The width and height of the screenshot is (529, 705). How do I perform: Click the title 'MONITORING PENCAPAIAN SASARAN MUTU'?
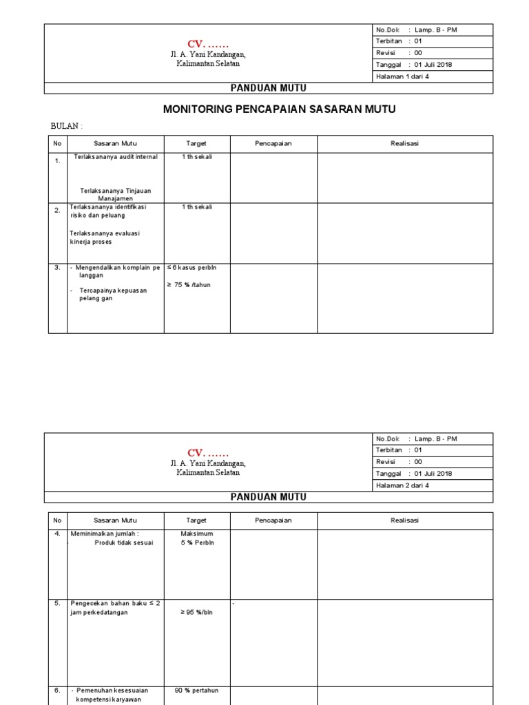click(279, 109)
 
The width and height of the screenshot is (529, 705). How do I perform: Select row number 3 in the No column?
click(57, 268)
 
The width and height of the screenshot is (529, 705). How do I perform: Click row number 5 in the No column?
click(57, 603)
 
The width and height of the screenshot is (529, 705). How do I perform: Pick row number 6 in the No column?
click(57, 690)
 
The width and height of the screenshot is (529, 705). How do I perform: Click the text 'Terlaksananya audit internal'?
click(116, 157)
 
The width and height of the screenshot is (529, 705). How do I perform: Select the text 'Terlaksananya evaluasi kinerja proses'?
click(105, 238)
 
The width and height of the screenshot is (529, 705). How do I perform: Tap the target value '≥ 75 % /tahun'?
click(192, 285)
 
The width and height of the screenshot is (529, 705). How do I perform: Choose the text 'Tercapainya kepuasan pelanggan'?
click(113, 295)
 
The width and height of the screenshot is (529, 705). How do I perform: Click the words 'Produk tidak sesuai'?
click(124, 543)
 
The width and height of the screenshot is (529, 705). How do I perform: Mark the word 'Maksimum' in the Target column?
click(196, 534)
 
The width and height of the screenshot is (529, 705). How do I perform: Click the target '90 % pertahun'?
click(196, 690)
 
